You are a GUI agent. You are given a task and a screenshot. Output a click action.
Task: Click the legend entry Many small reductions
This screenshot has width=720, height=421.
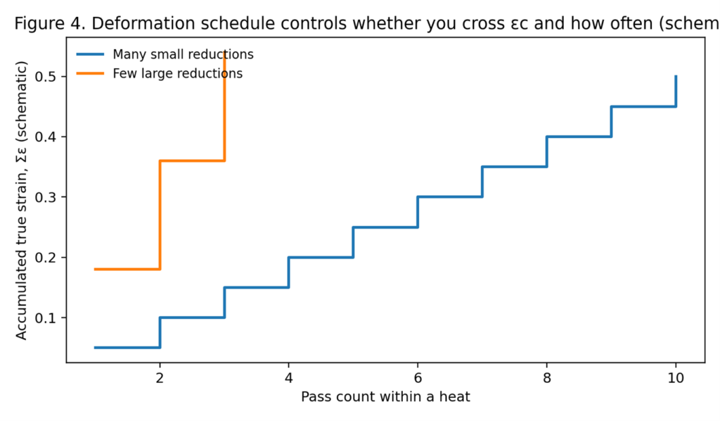coord(183,54)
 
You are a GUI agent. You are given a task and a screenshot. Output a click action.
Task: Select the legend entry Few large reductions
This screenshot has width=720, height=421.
coord(177,73)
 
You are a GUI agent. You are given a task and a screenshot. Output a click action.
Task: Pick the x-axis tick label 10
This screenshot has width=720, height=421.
coord(676,377)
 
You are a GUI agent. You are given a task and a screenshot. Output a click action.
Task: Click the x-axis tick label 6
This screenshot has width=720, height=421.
coord(418,377)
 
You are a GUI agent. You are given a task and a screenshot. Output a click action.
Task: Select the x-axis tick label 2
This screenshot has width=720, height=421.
coord(160,377)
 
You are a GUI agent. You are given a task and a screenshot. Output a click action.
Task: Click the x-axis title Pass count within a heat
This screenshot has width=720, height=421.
coord(385,396)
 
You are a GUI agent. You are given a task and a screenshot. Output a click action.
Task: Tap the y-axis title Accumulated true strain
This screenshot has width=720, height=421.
coord(22,201)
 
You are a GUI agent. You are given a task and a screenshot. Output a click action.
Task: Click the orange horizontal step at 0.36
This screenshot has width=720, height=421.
coord(192,161)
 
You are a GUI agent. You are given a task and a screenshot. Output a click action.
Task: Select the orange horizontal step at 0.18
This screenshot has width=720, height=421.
coord(127,269)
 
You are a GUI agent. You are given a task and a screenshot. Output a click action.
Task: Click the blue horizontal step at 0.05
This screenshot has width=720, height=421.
coord(127,347)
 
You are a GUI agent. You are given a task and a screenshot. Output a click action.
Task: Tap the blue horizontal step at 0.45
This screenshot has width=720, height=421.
coord(643,106)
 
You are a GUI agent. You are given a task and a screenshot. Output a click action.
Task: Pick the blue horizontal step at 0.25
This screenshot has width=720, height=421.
coord(385,227)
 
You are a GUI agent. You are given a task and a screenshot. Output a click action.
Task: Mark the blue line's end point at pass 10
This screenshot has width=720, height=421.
coord(676,76)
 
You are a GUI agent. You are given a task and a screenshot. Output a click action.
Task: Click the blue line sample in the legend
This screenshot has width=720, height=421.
coord(90,54)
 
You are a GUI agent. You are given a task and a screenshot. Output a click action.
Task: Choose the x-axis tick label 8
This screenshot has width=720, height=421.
coord(547,377)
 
